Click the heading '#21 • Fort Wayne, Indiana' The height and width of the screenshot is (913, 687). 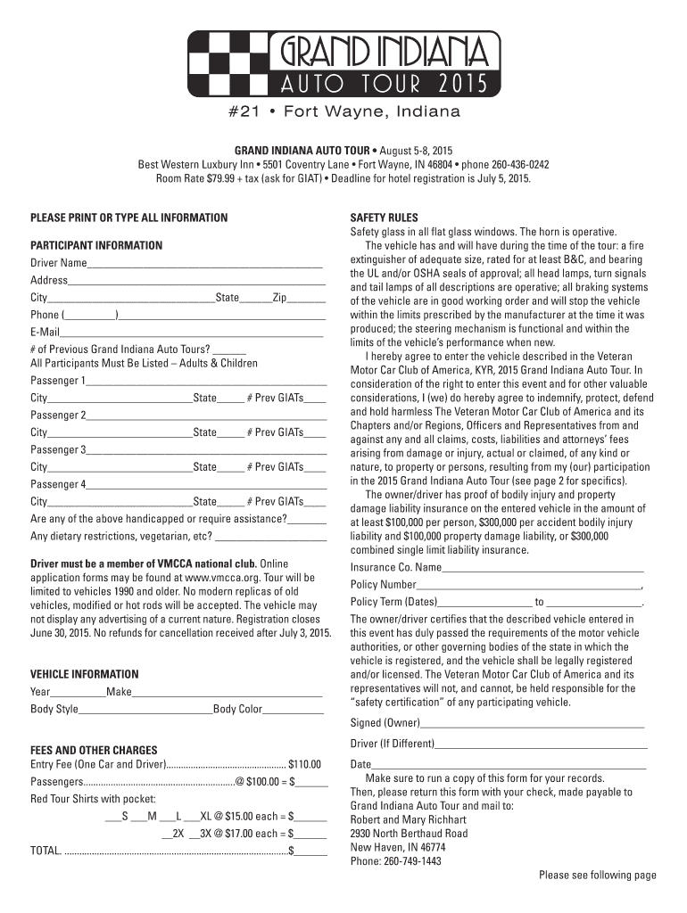[343, 112]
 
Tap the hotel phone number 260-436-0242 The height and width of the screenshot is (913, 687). [519, 165]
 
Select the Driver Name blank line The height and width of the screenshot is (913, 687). [204, 264]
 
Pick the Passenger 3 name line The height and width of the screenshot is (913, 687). [206, 450]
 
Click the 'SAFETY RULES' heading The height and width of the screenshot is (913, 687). [384, 218]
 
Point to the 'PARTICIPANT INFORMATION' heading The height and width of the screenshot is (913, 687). [96, 245]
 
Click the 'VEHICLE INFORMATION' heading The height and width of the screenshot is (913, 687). [85, 674]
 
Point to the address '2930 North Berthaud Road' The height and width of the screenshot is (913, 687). [409, 833]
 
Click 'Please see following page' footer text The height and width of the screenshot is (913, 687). [597, 875]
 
